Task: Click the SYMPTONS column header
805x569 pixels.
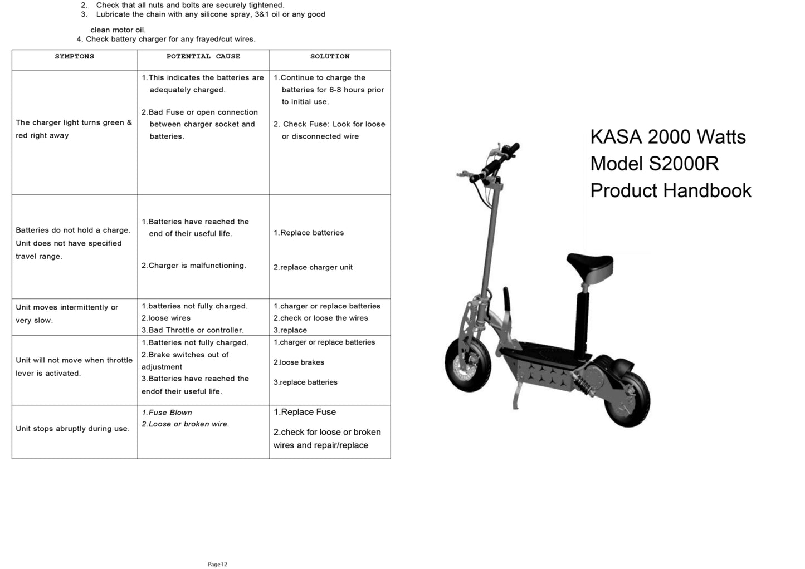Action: pyautogui.click(x=74, y=57)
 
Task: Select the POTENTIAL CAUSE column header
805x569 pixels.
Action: pyautogui.click(x=203, y=57)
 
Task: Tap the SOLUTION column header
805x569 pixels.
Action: pyautogui.click(x=330, y=57)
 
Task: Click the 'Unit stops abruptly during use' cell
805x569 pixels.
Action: pyautogui.click(x=72, y=429)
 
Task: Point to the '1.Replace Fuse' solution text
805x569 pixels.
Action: pyautogui.click(x=305, y=412)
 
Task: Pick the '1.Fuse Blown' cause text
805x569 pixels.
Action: pyautogui.click(x=167, y=413)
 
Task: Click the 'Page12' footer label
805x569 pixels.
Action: pyautogui.click(x=217, y=564)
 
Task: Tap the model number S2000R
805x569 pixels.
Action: pyautogui.click(x=684, y=164)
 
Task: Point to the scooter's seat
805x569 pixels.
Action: pyautogui.click(x=589, y=264)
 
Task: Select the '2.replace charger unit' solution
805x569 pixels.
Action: pyautogui.click(x=313, y=268)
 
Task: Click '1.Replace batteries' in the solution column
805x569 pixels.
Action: pyautogui.click(x=309, y=233)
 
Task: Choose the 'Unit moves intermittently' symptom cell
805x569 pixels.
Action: pyautogui.click(x=67, y=313)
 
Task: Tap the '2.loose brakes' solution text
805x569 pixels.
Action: pyautogui.click(x=299, y=362)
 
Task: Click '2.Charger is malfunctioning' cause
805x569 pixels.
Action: pyautogui.click(x=193, y=266)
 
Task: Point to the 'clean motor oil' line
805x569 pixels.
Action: pyautogui.click(x=118, y=30)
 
